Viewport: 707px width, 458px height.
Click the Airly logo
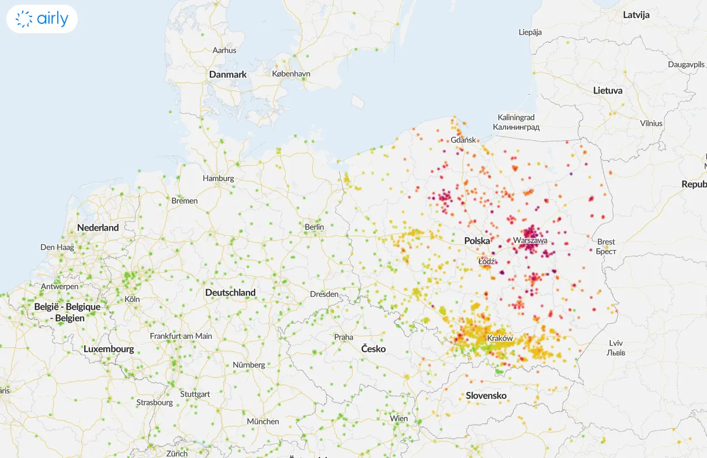(x=42, y=19)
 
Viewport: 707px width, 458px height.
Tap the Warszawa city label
(x=530, y=240)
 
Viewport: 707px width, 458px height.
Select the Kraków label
(x=500, y=338)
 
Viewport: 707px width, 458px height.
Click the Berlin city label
(x=314, y=227)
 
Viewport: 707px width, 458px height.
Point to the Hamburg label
(x=218, y=178)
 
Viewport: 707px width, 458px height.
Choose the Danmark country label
(x=228, y=75)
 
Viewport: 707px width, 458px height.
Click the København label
(x=291, y=74)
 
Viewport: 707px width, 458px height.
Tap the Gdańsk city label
(x=463, y=140)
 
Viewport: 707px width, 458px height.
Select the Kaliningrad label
(x=516, y=117)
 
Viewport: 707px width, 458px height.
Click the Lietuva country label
(x=608, y=91)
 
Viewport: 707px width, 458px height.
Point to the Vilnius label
(x=651, y=123)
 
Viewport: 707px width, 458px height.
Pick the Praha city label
(x=344, y=337)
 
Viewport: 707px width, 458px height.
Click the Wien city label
(x=399, y=418)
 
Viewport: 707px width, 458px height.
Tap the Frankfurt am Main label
(x=181, y=336)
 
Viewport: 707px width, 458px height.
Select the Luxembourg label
(x=109, y=349)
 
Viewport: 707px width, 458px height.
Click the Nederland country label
(x=98, y=228)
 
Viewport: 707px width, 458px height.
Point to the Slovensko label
(x=486, y=395)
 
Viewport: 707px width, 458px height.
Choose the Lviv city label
(x=616, y=343)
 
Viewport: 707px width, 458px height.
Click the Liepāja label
(x=530, y=32)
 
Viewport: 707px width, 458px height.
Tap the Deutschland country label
(x=230, y=292)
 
